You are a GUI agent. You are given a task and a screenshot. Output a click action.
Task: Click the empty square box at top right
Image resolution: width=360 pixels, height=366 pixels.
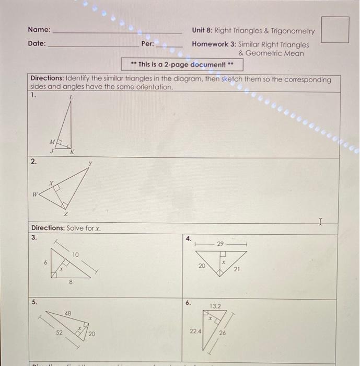(x=335, y=29)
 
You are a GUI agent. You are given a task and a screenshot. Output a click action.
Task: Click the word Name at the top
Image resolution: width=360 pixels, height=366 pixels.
(x=39, y=30)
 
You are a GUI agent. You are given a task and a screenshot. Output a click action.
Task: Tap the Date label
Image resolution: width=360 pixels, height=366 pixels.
(x=37, y=44)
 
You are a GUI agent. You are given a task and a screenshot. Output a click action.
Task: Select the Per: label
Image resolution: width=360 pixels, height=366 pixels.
(x=148, y=44)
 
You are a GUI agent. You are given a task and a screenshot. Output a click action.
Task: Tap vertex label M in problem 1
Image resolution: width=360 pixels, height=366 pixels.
(x=51, y=141)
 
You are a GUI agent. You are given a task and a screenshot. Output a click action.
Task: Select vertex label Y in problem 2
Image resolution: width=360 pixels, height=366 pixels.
(x=90, y=164)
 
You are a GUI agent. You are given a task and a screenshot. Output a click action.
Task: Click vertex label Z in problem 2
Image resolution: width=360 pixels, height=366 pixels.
(x=65, y=214)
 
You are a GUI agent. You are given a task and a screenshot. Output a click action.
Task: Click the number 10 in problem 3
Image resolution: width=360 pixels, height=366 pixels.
(x=76, y=255)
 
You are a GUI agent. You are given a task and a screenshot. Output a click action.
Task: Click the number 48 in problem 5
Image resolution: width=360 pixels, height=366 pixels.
(x=68, y=313)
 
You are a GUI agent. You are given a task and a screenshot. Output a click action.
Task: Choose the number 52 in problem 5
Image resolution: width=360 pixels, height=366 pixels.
(x=61, y=332)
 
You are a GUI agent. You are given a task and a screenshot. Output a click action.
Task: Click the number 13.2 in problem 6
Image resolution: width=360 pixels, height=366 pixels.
(x=216, y=306)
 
